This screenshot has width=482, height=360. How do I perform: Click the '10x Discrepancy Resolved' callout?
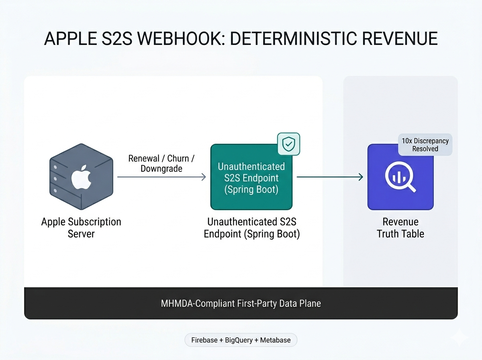425,145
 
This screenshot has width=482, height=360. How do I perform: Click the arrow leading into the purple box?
330,177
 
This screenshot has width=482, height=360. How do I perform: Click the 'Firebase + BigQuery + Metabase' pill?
241,340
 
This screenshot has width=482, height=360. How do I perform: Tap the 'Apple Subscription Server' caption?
81,227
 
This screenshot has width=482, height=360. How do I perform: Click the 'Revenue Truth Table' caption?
400,227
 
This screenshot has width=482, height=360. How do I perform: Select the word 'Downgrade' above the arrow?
161,168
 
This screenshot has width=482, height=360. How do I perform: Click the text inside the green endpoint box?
251,178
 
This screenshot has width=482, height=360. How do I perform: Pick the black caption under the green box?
252,227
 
